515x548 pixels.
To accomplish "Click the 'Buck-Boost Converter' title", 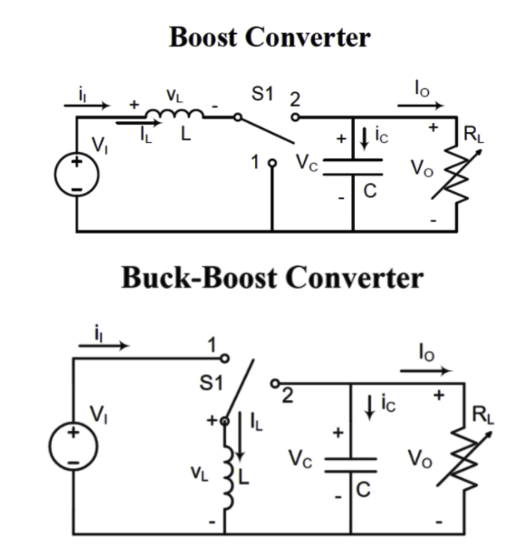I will tap(257, 277).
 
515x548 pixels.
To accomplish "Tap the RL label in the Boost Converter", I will tap(473, 137).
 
